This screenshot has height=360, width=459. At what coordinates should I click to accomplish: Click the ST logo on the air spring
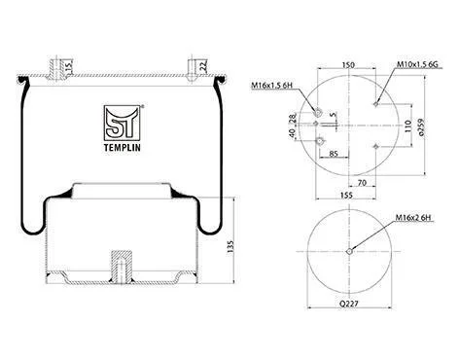123,124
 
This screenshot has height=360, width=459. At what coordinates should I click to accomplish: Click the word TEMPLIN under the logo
123,148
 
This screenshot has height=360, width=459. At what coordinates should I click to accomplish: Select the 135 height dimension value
230,247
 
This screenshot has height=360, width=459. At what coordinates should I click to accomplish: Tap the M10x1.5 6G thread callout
417,64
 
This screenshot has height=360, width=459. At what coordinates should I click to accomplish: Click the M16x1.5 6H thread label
272,86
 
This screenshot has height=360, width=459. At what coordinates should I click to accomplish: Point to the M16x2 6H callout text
413,218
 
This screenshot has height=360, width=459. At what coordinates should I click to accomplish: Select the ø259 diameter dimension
421,126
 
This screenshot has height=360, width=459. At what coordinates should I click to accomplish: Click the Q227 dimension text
349,304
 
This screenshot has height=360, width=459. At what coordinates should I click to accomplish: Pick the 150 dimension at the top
348,65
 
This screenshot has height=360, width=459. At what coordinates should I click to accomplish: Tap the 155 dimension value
346,195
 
